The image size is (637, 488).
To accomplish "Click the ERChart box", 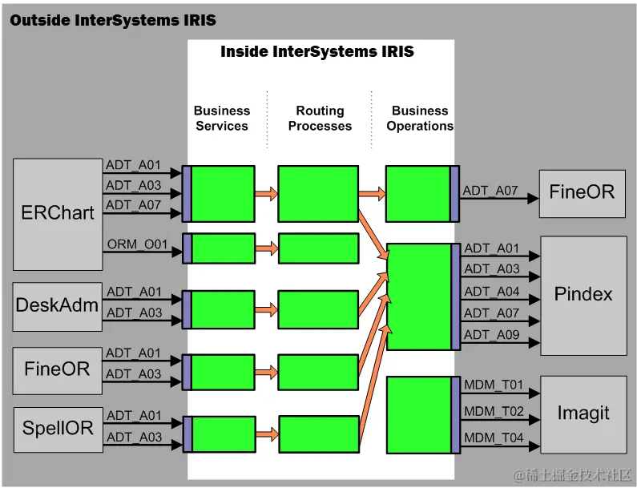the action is [x=58, y=214].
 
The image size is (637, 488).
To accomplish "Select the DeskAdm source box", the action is [x=57, y=307].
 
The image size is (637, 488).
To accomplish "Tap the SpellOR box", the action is [x=58, y=430].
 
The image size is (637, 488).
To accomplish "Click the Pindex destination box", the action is [x=583, y=296].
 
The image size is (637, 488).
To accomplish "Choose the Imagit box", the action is [x=583, y=414].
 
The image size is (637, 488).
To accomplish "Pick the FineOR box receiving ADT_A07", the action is [x=583, y=194].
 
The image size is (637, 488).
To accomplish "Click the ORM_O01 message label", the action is [x=137, y=244].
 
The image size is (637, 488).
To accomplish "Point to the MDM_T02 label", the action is [x=494, y=411].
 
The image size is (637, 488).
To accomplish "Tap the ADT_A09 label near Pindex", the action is [x=491, y=334].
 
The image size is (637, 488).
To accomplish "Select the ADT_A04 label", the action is [x=491, y=292].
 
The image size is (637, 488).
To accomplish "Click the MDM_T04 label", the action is [x=494, y=438].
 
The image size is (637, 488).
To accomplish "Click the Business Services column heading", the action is [x=222, y=119].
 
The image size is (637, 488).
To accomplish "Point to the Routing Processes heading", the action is [x=321, y=119].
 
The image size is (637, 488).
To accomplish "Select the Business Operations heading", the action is [x=420, y=119].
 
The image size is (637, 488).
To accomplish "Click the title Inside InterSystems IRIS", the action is [x=317, y=51].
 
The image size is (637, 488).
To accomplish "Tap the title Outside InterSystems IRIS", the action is [x=113, y=20].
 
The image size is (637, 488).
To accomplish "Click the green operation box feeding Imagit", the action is [x=423, y=415].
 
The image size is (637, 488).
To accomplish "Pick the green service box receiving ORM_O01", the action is [x=219, y=248].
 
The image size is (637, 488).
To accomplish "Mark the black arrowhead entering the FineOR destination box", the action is [x=533, y=198].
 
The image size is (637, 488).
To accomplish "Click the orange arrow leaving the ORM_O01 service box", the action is [x=267, y=248].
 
